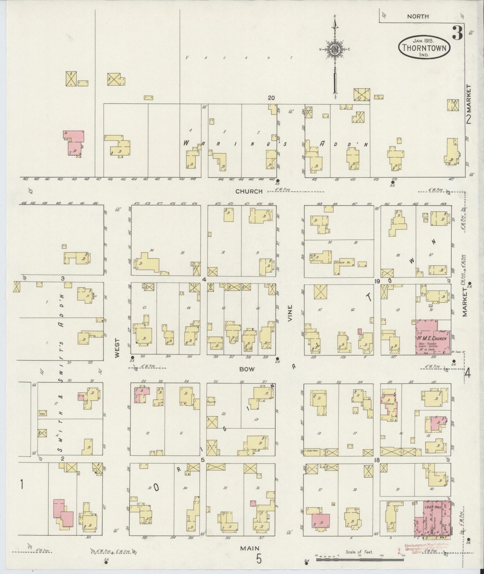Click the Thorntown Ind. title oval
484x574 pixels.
(x=424, y=48)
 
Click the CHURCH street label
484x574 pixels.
(x=249, y=192)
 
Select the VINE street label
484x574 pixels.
(x=290, y=313)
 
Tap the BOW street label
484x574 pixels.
(x=247, y=369)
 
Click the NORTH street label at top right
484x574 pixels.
(x=418, y=16)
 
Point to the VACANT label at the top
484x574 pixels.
(x=239, y=58)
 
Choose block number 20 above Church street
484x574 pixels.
(x=271, y=98)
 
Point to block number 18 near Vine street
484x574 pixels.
(x=377, y=460)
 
